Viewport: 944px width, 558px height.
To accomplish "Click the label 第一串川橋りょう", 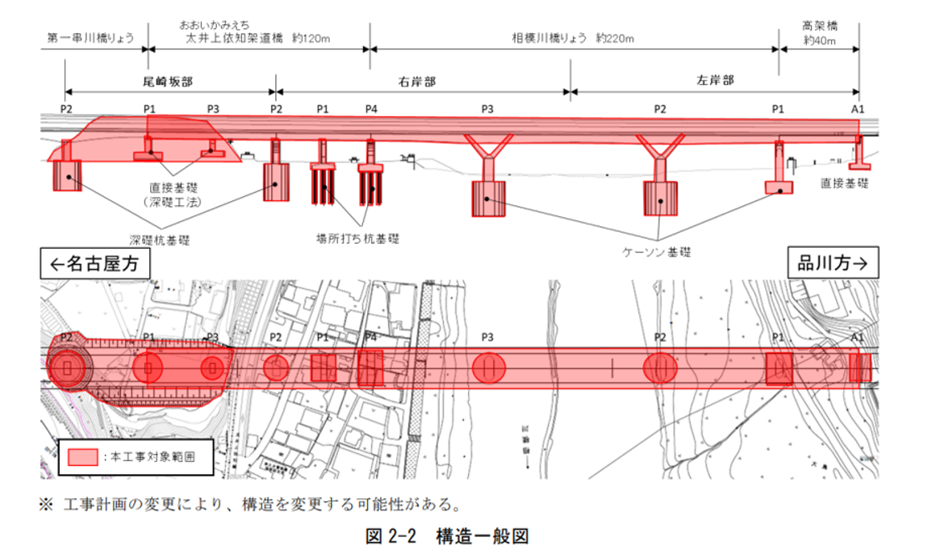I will click(90, 38).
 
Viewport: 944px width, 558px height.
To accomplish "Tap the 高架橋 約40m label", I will click(820, 33).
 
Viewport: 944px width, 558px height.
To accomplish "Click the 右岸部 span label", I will click(417, 82).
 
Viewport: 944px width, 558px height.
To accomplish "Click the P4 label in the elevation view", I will click(371, 107).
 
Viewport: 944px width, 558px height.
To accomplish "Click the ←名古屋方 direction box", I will click(95, 264).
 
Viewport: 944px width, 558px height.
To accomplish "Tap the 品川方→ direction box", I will click(833, 263).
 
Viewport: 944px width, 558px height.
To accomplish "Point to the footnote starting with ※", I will click(250, 506).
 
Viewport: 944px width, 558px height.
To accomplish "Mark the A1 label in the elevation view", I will click(858, 107).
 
